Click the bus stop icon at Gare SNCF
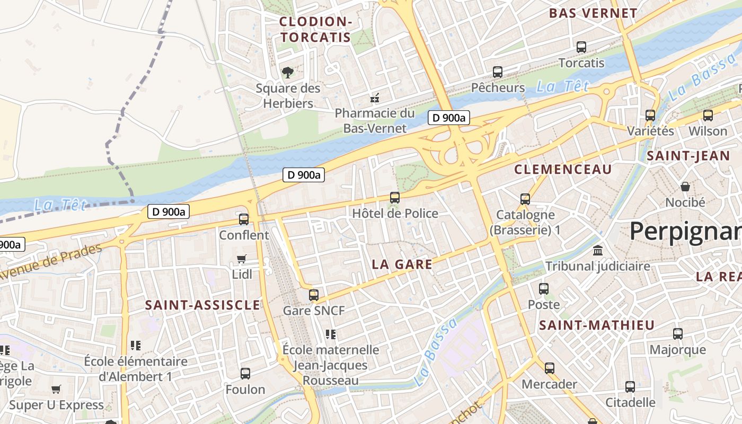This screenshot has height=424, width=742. pyautogui.click(x=314, y=295)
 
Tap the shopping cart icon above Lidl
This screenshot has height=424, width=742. pyautogui.click(x=242, y=259)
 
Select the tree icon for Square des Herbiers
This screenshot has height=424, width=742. pyautogui.click(x=288, y=72)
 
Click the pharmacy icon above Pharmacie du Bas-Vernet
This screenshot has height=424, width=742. pyautogui.click(x=375, y=98)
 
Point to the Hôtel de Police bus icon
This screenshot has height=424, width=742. pyautogui.click(x=395, y=198)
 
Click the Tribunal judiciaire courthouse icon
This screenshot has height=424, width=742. pyautogui.click(x=598, y=250)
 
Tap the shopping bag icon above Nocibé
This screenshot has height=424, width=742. pyautogui.click(x=685, y=187)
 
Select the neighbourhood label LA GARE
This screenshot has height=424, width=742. pyautogui.click(x=402, y=264)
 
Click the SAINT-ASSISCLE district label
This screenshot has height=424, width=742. pyautogui.click(x=202, y=305)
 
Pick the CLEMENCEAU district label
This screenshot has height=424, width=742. pyautogui.click(x=563, y=170)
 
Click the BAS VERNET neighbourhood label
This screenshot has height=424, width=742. pyautogui.click(x=593, y=14)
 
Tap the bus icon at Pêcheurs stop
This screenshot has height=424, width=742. pyautogui.click(x=498, y=72)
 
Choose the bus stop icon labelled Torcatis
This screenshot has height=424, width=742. pyautogui.click(x=581, y=47)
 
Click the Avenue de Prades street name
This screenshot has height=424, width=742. pyautogui.click(x=50, y=262)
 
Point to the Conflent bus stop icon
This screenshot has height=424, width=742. pyautogui.click(x=244, y=219)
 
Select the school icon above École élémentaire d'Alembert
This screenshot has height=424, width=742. pyautogui.click(x=136, y=346)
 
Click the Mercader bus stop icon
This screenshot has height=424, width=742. pyautogui.click(x=550, y=368)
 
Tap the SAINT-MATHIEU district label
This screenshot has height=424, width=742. pyautogui.click(x=597, y=325)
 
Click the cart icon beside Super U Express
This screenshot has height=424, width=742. pyautogui.click(x=56, y=390)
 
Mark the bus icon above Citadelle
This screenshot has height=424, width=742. pyautogui.click(x=630, y=386)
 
